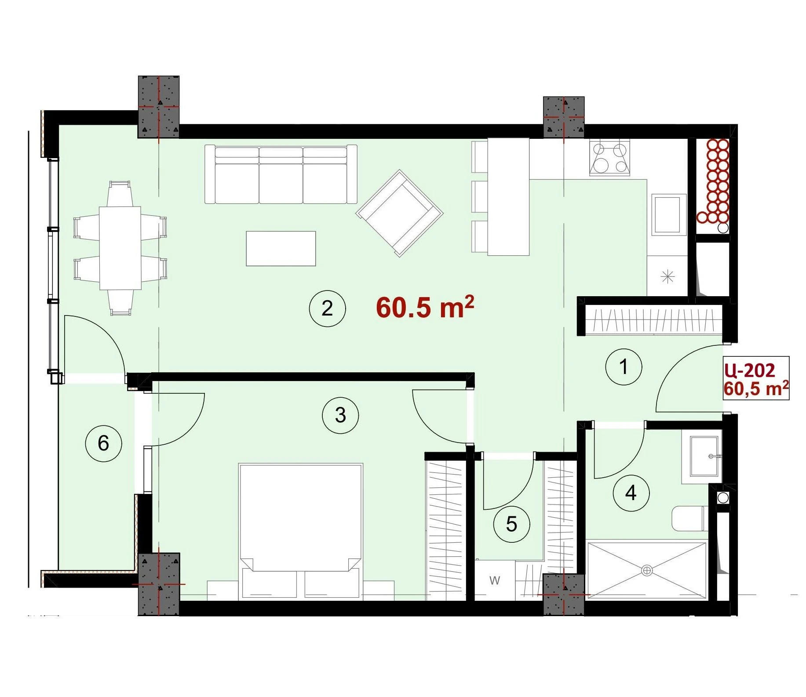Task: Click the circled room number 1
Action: tap(624, 367)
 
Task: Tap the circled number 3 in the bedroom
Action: tap(340, 415)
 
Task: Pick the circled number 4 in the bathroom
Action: tap(631, 493)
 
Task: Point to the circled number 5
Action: tap(511, 524)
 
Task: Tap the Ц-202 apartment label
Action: tap(750, 371)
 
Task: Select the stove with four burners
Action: tap(609, 158)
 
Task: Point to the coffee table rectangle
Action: tap(281, 249)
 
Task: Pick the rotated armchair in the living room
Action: tap(400, 213)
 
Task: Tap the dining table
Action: tap(120, 248)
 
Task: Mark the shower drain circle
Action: tap(647, 571)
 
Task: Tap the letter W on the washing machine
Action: tap(495, 581)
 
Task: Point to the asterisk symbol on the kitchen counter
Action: tap(667, 277)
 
